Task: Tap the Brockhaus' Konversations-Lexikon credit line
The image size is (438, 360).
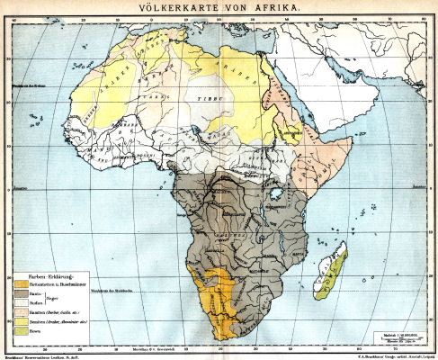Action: point(44,355)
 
